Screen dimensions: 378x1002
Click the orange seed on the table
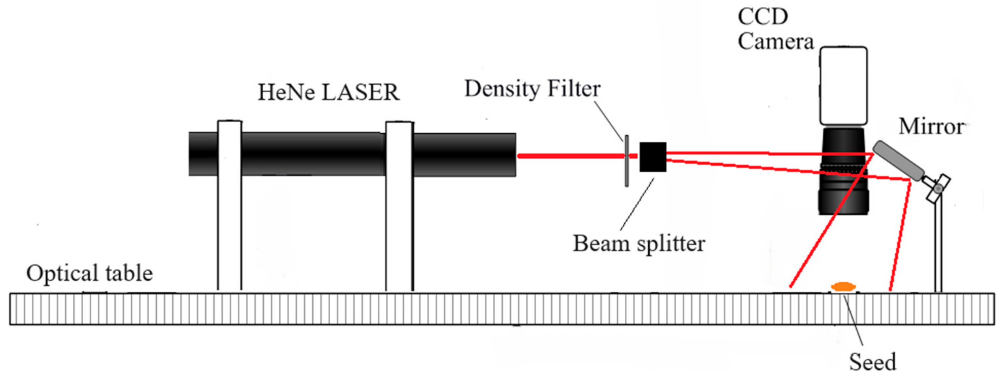[842, 287]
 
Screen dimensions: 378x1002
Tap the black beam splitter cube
[653, 157]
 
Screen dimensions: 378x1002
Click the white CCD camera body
[843, 85]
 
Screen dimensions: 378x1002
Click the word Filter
[574, 89]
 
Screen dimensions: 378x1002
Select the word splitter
[671, 244]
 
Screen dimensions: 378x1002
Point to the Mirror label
[931, 126]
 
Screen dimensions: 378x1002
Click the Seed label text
[872, 362]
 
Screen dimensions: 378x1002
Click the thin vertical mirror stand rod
[938, 249]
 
